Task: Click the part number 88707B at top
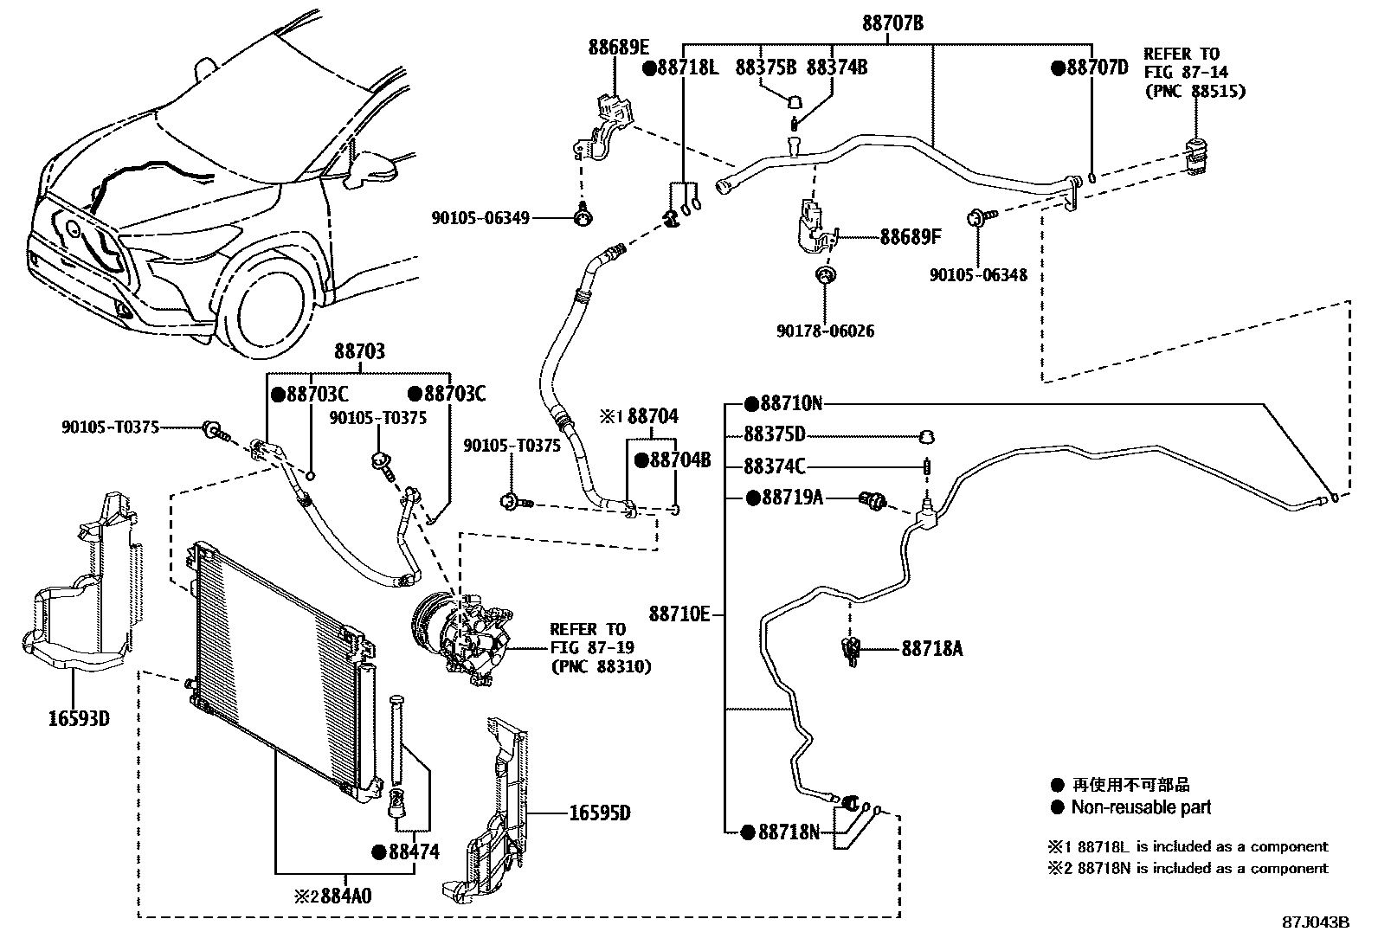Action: click(892, 24)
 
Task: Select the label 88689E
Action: click(619, 47)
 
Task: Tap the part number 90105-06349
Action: click(480, 218)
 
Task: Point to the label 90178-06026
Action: click(827, 331)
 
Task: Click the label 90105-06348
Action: click(978, 275)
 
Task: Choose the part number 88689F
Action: click(910, 236)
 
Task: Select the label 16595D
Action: click(600, 813)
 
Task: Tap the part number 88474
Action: click(414, 852)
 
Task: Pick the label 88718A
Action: click(931, 647)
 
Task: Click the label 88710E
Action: click(679, 614)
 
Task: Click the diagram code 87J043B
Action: click(1316, 922)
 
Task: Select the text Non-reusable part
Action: click(1141, 807)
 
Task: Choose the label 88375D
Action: click(775, 434)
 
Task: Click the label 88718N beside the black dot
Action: click(789, 832)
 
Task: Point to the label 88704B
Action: click(679, 460)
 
